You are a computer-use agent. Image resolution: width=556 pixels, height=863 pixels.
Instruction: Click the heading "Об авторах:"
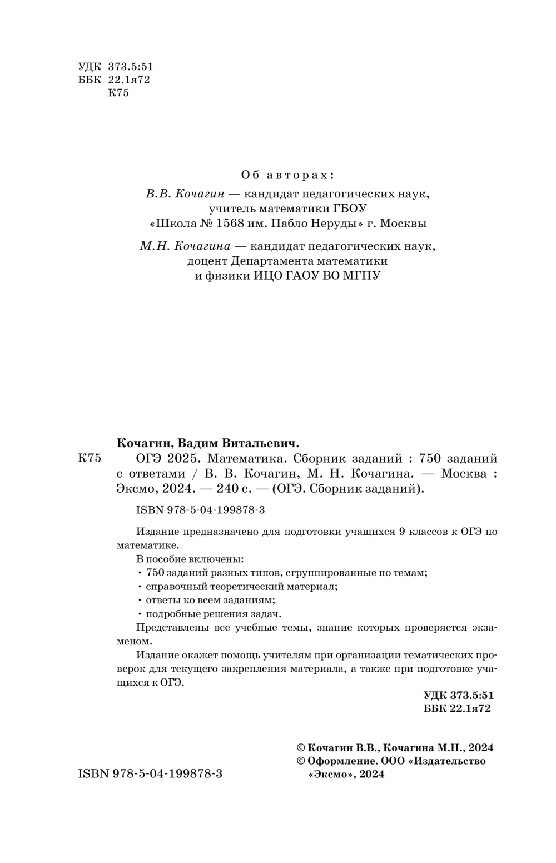coord(287,175)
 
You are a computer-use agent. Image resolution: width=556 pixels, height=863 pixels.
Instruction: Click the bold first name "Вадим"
coord(202,443)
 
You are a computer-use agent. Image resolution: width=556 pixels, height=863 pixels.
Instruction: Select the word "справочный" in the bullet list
coord(174,586)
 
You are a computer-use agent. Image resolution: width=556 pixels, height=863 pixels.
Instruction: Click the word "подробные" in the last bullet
coord(171,614)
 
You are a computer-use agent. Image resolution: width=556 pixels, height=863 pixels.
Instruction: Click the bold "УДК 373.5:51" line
coord(458,695)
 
